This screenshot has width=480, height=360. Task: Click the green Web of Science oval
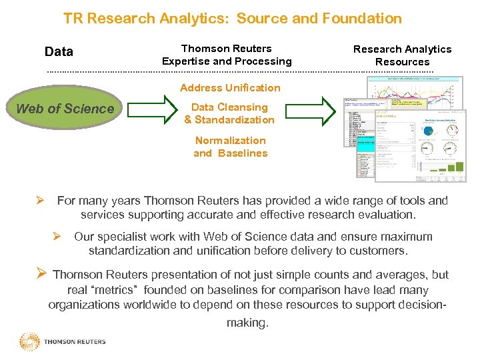[65, 109]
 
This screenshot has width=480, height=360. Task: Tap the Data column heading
[59, 52]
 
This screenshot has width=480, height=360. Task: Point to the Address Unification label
[230, 88]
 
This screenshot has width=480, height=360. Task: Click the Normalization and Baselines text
[230, 147]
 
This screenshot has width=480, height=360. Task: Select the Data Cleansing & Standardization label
[229, 113]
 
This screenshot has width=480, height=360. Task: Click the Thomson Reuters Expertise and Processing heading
[227, 55]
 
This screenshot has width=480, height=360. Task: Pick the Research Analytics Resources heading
[402, 55]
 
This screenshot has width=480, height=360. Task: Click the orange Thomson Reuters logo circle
[29, 341]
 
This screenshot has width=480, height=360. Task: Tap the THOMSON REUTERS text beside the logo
[75, 342]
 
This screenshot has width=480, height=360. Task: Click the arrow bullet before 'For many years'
[40, 201]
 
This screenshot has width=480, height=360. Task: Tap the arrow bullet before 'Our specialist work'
[57, 237]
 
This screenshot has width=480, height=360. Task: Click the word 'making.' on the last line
[247, 323]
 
